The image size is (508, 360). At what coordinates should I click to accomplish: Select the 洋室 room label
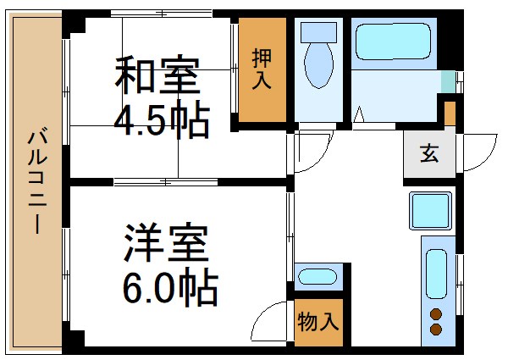(167, 244)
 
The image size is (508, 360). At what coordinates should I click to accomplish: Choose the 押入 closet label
(262, 70)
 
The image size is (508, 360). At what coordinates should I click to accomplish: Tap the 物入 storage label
(318, 323)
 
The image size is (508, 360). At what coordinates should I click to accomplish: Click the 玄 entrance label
(429, 155)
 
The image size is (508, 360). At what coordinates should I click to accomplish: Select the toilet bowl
(318, 68)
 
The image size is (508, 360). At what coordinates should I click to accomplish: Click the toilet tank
(318, 33)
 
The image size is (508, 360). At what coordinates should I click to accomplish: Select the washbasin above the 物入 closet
(317, 276)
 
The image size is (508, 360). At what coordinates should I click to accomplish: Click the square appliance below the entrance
(432, 209)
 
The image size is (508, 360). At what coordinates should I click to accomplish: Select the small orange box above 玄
(450, 113)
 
